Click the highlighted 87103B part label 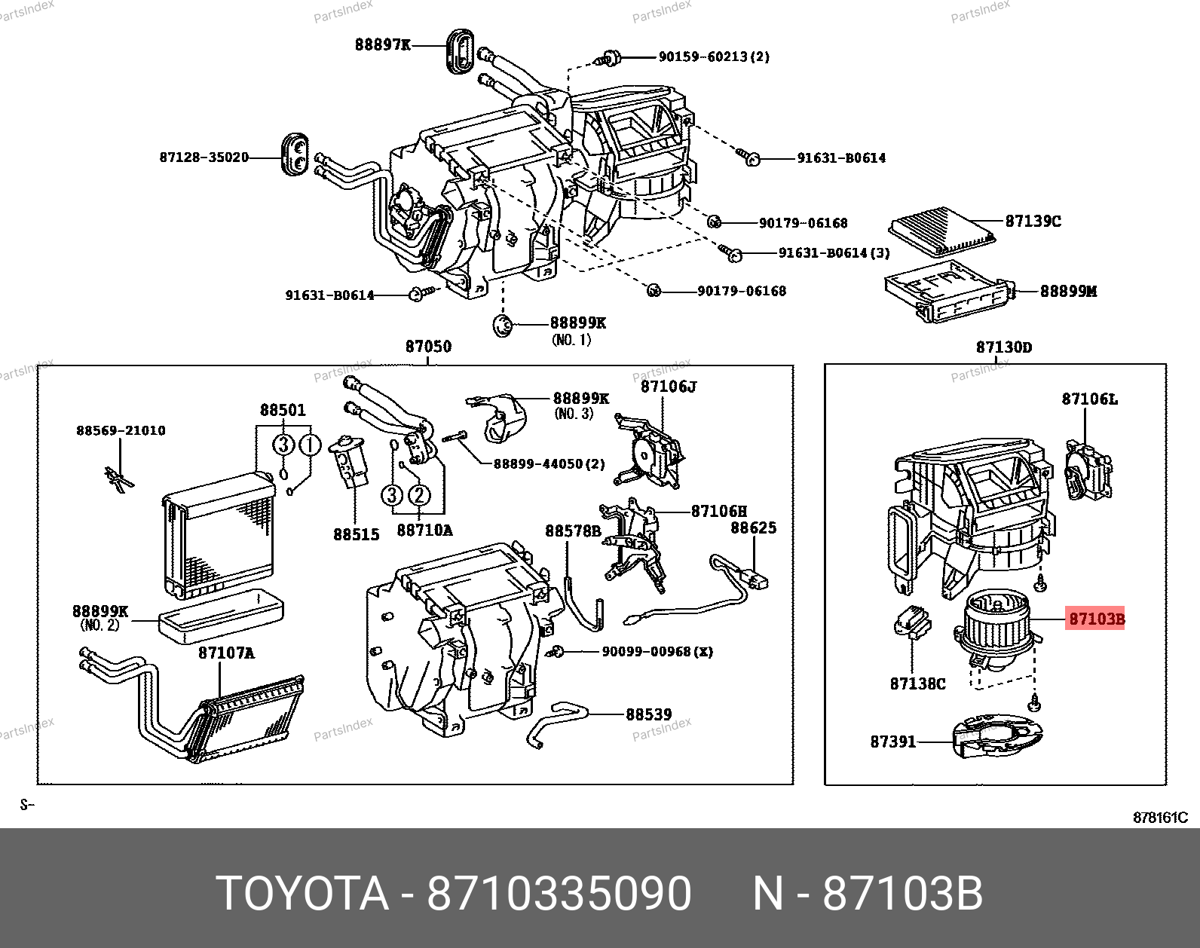[x=1095, y=619]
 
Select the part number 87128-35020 [x=204, y=157]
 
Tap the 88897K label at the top [x=383, y=44]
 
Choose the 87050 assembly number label [x=428, y=347]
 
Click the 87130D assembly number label [x=1004, y=347]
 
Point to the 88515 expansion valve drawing [x=349, y=460]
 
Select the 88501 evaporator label [x=283, y=410]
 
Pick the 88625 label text [x=753, y=528]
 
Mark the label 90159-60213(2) [x=714, y=57]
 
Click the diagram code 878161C [x=1160, y=818]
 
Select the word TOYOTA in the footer [x=302, y=894]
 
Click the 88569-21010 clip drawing [x=118, y=479]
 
